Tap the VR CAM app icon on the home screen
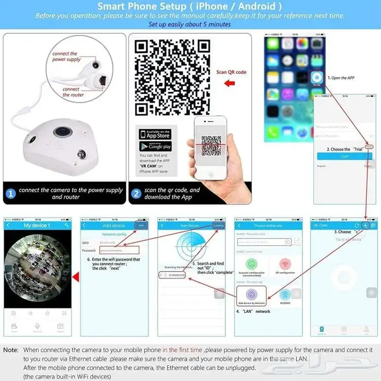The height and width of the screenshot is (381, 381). point(316,78)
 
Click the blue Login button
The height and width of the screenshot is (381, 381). point(344,156)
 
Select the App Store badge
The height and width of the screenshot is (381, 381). point(155,134)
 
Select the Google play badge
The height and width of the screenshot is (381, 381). point(155,146)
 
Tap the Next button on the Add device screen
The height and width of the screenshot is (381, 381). point(142,225)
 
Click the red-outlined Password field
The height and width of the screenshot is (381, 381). point(119,250)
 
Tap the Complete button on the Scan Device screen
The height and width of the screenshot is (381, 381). point(218,225)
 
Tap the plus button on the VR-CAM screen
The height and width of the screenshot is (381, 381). point(365,225)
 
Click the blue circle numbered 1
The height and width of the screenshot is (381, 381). point(11,193)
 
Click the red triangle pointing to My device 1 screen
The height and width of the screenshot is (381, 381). point(76,278)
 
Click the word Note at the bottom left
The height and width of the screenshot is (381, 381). point(10,349)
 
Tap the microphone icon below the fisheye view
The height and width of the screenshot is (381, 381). point(37,327)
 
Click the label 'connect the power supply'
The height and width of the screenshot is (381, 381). point(66,57)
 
